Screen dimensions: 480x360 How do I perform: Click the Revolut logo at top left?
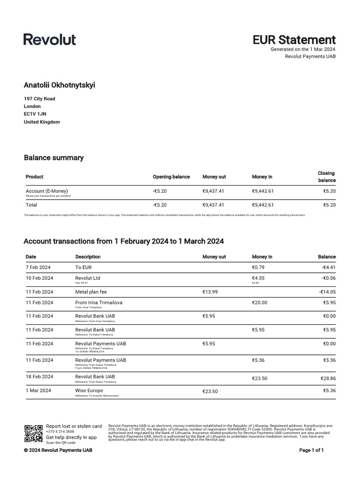50,39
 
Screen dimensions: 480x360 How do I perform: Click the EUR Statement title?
294,40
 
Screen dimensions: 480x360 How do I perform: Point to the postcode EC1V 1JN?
35,114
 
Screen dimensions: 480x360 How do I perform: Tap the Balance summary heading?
53,158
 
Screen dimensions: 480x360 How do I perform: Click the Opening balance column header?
171,177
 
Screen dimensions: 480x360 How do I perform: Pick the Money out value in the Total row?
213,205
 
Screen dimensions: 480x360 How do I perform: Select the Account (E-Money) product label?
46,191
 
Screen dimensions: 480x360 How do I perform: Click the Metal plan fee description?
91,292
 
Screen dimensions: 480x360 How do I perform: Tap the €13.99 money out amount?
210,292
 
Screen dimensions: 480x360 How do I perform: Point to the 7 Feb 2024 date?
38,267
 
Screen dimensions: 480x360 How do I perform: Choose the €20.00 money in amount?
259,303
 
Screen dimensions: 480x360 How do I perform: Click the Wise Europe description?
89,390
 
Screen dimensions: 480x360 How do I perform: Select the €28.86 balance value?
328,377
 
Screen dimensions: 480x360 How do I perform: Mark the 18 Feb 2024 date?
39,377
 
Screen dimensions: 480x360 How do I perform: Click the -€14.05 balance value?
327,292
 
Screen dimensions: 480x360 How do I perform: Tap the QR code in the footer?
33,434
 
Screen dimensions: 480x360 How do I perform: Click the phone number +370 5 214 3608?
60,431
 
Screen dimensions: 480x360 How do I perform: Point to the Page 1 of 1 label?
311,450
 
